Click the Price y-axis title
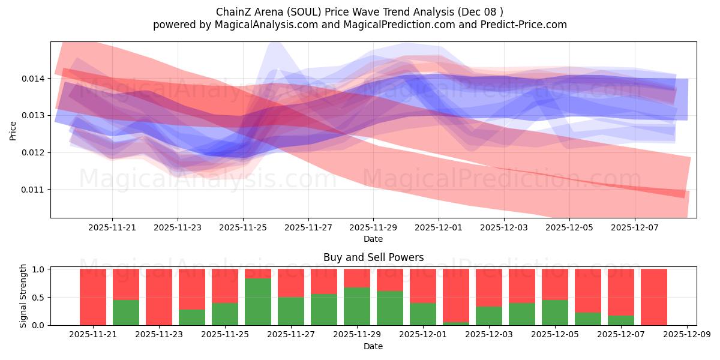(13, 130)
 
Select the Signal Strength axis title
(23, 296)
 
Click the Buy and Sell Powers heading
(373, 257)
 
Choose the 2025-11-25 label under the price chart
(243, 227)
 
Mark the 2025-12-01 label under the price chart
(439, 227)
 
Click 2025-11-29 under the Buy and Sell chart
(358, 334)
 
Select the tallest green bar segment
(258, 302)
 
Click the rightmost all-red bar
(653, 297)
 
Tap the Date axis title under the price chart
(373, 239)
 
